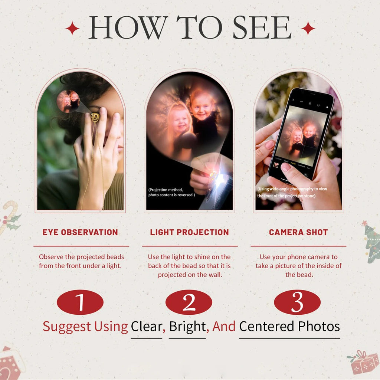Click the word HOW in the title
click(x=128, y=27)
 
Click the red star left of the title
click(x=72, y=28)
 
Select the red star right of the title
click(x=308, y=28)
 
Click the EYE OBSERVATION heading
click(x=80, y=232)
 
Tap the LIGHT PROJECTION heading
click(x=190, y=232)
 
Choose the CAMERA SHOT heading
click(x=298, y=232)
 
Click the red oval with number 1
click(x=80, y=302)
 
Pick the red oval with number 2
click(x=189, y=302)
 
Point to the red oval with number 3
click(x=297, y=302)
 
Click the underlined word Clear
click(x=146, y=327)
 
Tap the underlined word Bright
click(x=187, y=327)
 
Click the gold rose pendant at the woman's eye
click(x=95, y=118)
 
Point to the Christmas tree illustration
click(x=371, y=242)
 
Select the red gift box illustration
click(x=363, y=362)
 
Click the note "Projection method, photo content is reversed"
click(x=171, y=192)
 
